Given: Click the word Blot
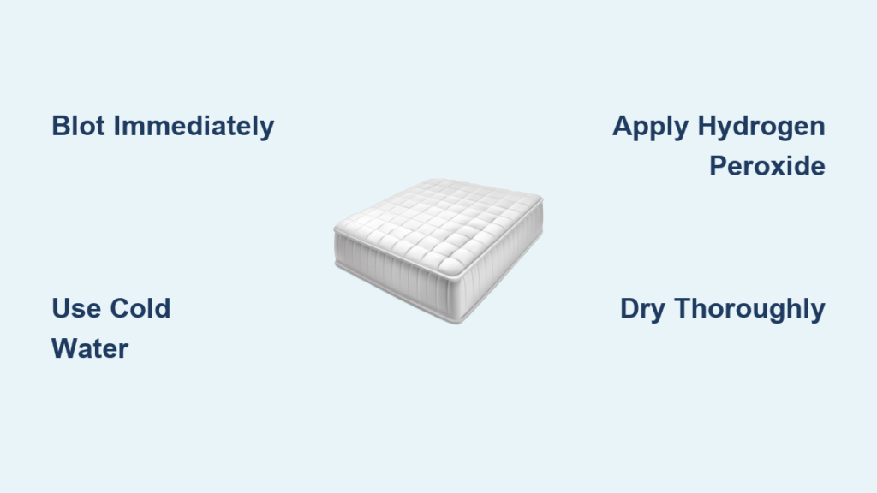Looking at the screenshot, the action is click(x=78, y=126).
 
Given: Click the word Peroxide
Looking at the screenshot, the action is click(x=767, y=166).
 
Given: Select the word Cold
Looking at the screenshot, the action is click(x=140, y=308).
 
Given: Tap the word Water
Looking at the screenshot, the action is click(x=90, y=349).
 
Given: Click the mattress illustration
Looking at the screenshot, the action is click(x=438, y=251).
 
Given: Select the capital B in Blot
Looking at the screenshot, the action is click(x=61, y=126).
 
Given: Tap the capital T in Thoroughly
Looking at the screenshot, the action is click(x=684, y=308).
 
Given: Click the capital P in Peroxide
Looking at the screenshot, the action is click(x=719, y=166).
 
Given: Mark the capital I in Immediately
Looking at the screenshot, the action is click(x=116, y=126).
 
